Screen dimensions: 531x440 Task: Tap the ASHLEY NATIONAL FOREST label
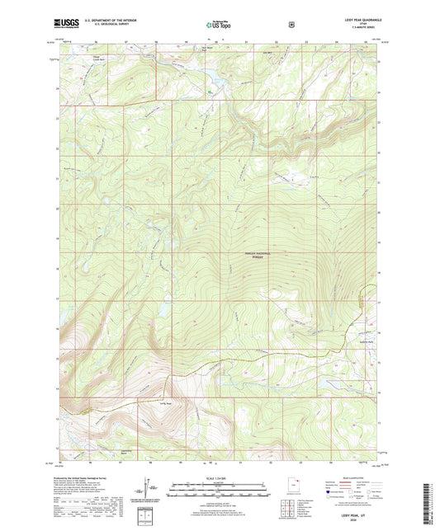258,255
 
